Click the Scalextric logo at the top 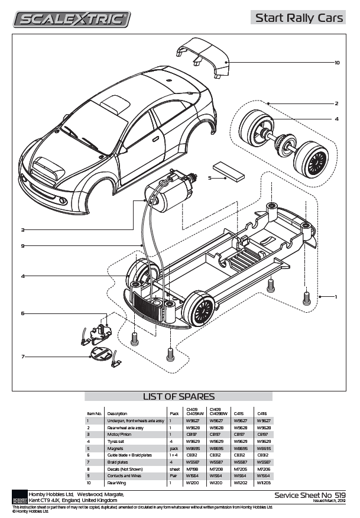point(72,20)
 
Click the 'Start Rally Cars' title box point(298,18)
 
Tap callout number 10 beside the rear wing point(337,62)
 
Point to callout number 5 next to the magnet point(210,177)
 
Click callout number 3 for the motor point(22,229)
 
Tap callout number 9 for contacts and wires point(22,246)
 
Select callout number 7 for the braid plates point(22,356)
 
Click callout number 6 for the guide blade point(22,313)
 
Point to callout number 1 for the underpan point(336,296)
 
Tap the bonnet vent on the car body point(47,170)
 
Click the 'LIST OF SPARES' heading point(179,396)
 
